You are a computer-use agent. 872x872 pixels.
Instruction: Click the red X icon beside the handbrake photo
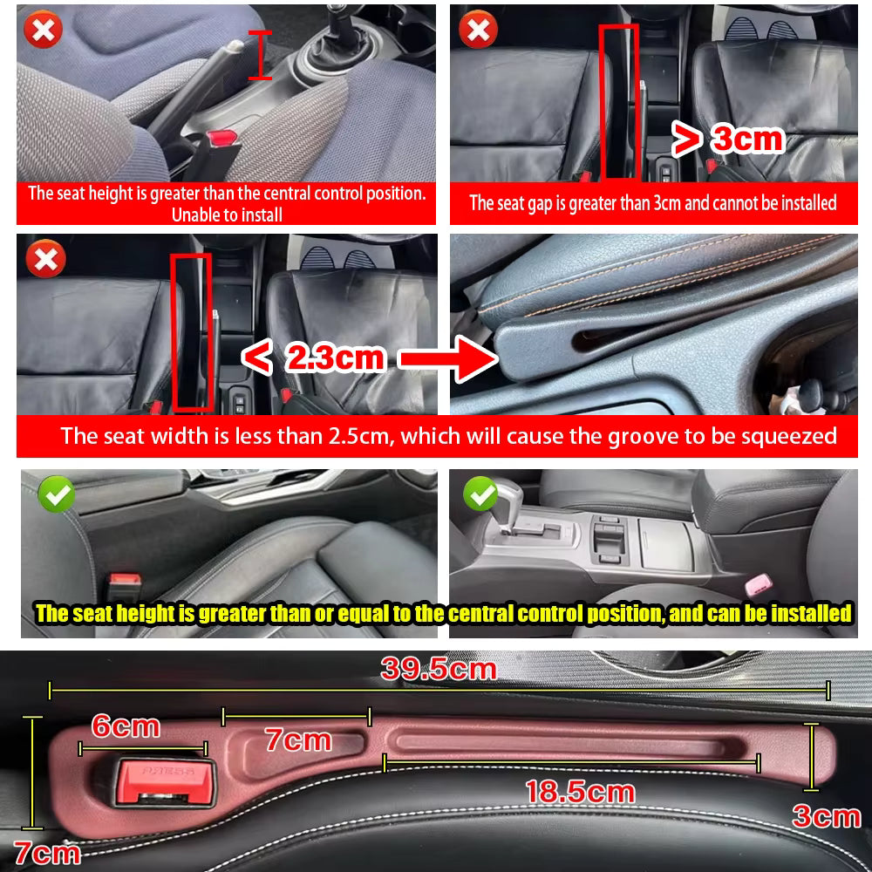click(x=43, y=32)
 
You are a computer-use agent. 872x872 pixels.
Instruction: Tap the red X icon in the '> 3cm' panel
click(x=478, y=32)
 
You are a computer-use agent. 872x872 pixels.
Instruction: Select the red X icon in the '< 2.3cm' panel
click(x=43, y=259)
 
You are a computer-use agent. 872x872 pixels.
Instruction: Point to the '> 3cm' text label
click(x=727, y=139)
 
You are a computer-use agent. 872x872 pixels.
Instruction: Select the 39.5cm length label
click(x=439, y=670)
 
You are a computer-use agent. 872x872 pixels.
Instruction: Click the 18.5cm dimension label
click(x=579, y=792)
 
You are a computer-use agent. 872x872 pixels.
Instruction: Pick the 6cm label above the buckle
click(x=126, y=726)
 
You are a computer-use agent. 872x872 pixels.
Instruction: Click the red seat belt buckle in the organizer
click(x=165, y=780)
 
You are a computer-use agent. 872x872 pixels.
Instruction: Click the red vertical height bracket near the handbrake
click(x=259, y=54)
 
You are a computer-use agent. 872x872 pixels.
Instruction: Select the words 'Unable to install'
click(x=227, y=215)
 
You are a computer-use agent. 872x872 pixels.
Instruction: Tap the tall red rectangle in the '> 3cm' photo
click(x=619, y=100)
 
